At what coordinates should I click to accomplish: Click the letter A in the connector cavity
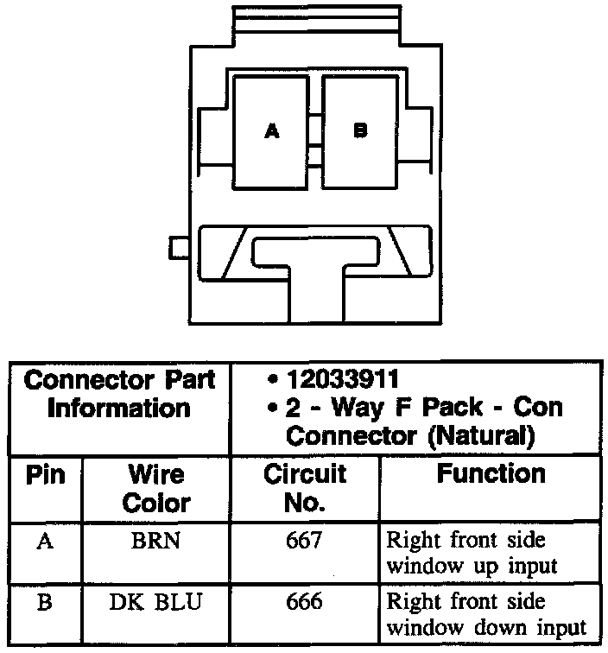[272, 132]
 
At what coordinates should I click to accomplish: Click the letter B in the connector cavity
[361, 131]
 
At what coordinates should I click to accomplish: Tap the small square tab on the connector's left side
[180, 248]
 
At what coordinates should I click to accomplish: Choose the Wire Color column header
[156, 489]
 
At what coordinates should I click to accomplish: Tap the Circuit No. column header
[304, 488]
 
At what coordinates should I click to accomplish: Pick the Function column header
[491, 474]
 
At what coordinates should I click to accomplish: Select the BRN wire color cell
[156, 542]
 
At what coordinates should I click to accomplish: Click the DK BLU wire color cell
[156, 603]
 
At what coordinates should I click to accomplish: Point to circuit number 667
[304, 542]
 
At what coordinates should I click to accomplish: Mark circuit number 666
[304, 602]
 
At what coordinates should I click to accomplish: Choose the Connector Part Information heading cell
[119, 394]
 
